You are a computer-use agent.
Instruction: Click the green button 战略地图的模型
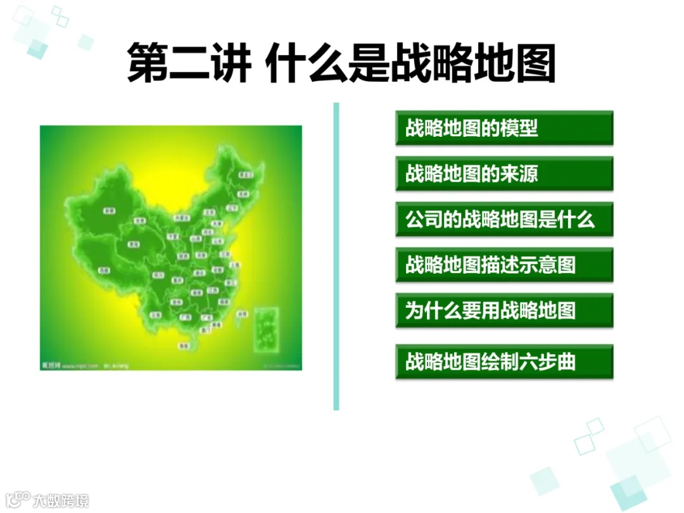504,128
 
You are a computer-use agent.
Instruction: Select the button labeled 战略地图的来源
504,174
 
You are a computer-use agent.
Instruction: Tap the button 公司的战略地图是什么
504,219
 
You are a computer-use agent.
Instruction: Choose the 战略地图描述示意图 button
504,265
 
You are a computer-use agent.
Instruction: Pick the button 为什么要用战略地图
504,310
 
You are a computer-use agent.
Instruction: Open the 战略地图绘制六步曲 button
504,362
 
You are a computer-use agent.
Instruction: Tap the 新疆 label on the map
110,210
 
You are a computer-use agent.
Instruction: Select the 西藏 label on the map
104,270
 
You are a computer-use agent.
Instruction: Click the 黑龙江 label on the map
246,174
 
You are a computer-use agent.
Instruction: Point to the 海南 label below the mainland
184,346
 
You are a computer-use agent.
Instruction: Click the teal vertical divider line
336,256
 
